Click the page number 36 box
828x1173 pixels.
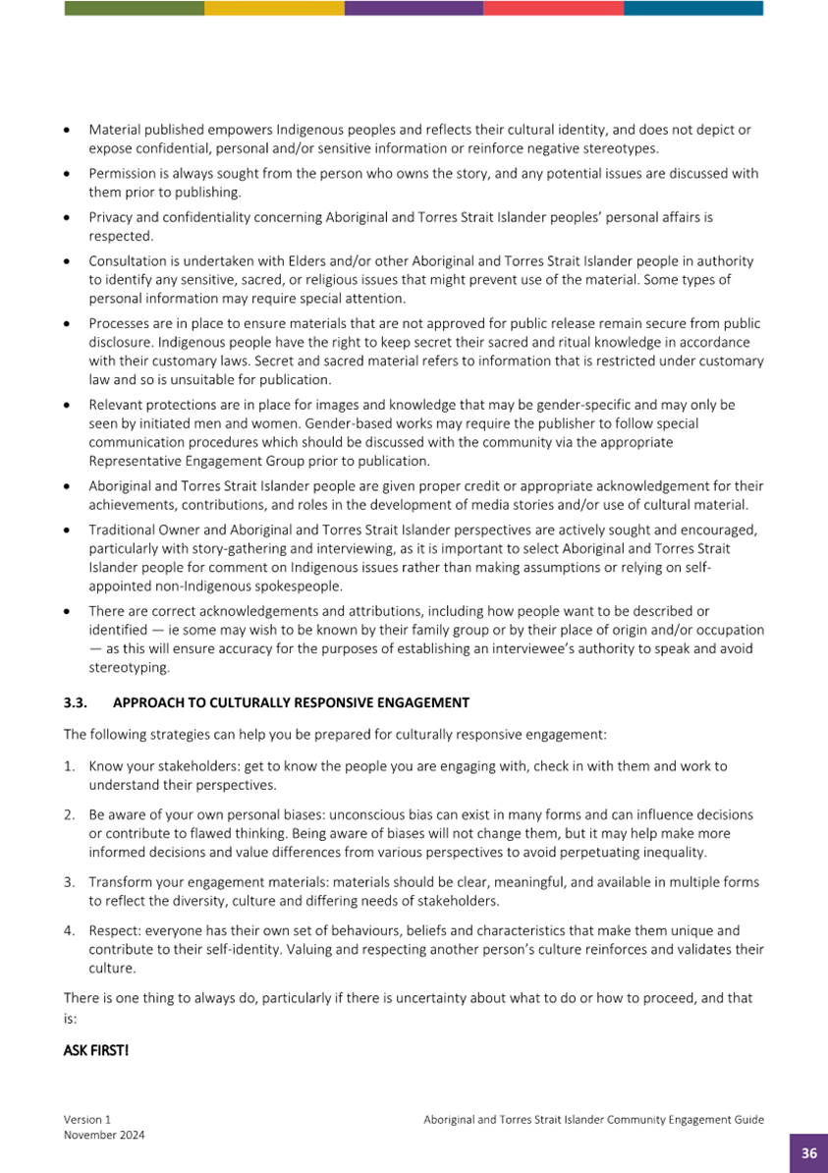click(x=809, y=1153)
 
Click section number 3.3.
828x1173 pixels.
click(x=76, y=702)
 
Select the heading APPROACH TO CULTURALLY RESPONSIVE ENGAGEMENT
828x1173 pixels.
click(x=291, y=702)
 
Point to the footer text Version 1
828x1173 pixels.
click(x=87, y=1119)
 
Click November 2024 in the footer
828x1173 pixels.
click(x=104, y=1135)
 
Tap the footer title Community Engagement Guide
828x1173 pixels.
click(x=593, y=1119)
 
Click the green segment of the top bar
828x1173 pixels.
click(x=135, y=8)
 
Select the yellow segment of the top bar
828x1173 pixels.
click(x=274, y=8)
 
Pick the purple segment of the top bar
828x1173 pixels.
click(x=414, y=8)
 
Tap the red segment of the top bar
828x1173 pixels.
click(x=553, y=8)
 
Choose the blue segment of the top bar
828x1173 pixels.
click(x=692, y=8)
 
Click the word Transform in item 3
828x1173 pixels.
click(x=121, y=881)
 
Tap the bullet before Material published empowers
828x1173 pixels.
click(x=66, y=130)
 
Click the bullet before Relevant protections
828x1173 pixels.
click(x=66, y=405)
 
